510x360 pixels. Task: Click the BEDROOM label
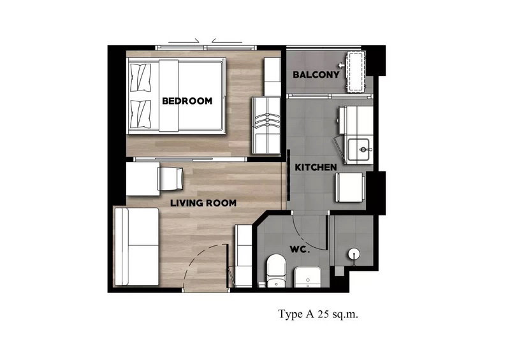pyautogui.click(x=187, y=101)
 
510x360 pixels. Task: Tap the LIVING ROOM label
pyautogui.click(x=203, y=203)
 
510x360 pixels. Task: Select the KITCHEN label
pyautogui.click(x=316, y=168)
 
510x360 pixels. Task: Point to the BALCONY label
pyautogui.click(x=316, y=75)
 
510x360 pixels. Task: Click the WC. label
pyautogui.click(x=300, y=250)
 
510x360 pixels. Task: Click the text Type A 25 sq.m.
pyautogui.click(x=317, y=314)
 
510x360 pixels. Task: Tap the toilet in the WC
pyautogui.click(x=276, y=271)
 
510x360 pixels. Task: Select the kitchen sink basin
pyautogui.click(x=359, y=149)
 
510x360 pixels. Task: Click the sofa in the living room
pyautogui.click(x=136, y=247)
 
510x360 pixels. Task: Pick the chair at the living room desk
pyautogui.click(x=170, y=178)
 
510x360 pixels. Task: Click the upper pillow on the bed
pyautogui.click(x=140, y=77)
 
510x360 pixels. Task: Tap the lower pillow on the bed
pyautogui.click(x=140, y=114)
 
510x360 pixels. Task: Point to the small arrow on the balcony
pyautogui.click(x=341, y=66)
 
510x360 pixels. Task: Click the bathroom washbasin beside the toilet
pyautogui.click(x=307, y=277)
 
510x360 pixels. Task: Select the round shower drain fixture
pyautogui.click(x=354, y=254)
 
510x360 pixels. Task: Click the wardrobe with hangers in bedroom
pyautogui.click(x=266, y=126)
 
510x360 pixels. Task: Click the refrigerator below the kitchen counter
pyautogui.click(x=349, y=187)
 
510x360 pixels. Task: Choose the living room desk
pyautogui.click(x=143, y=179)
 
